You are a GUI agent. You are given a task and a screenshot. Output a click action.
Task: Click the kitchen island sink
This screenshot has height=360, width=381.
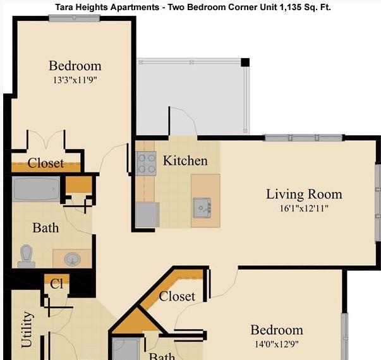(x=202, y=207)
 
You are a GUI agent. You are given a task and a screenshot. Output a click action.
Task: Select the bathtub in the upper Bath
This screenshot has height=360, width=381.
(x=36, y=189)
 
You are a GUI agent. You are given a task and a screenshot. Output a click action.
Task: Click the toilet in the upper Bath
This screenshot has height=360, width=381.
(x=27, y=255)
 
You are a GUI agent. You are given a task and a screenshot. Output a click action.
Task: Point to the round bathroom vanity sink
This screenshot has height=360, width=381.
(x=72, y=258)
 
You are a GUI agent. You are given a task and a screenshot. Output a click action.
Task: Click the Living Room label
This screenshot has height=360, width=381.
(x=304, y=194)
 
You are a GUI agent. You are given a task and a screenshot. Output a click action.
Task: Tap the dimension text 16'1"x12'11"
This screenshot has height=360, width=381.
(x=304, y=208)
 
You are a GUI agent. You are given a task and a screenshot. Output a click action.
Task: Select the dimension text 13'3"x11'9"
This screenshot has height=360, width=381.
(x=75, y=80)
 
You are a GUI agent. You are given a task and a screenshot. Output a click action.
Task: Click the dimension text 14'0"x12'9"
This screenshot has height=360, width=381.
(x=277, y=344)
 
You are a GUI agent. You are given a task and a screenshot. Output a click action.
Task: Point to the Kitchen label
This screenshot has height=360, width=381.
(x=185, y=160)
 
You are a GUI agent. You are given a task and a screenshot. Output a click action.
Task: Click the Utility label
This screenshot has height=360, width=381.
(x=27, y=329)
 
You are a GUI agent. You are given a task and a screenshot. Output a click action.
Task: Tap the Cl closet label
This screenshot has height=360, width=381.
(x=57, y=284)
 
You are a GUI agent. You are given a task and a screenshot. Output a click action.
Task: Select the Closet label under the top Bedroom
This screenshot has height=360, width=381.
(x=45, y=163)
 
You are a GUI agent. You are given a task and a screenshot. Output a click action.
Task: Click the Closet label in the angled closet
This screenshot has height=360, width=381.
(x=177, y=296)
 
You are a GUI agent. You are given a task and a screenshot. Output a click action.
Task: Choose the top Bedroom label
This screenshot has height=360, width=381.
(x=75, y=66)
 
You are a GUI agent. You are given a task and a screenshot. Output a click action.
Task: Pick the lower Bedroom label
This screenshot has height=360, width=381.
(x=277, y=330)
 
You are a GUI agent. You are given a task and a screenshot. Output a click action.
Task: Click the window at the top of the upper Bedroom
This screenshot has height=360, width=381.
(x=75, y=18)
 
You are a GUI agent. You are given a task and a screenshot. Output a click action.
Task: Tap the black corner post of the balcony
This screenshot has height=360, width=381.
(x=245, y=62)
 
